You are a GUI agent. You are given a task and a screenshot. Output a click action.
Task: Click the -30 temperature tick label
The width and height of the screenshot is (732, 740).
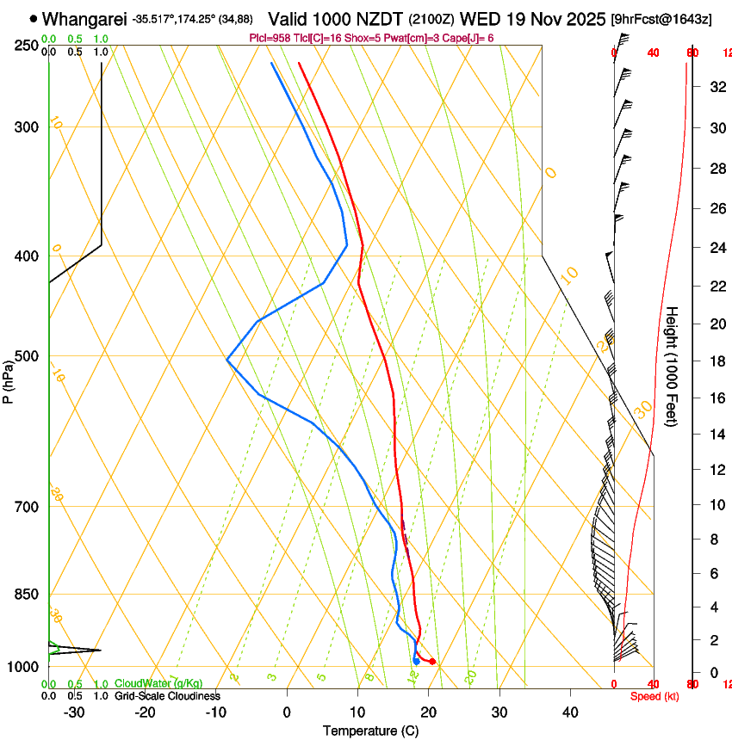(74, 712)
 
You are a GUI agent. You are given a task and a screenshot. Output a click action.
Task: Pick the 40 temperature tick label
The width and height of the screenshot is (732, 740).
(570, 712)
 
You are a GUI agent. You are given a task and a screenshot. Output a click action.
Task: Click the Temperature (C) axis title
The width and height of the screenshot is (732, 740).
(370, 731)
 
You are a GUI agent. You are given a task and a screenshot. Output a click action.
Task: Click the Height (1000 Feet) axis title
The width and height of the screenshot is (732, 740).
(673, 367)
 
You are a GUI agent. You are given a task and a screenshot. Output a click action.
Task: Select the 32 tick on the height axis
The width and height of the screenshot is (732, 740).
(717, 87)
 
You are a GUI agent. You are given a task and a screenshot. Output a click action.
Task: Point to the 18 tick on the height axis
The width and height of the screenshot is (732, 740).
(717, 361)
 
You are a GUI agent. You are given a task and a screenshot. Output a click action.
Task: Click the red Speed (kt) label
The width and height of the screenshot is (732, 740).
(654, 696)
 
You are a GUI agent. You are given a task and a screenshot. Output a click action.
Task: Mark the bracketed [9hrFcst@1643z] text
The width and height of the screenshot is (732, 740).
(661, 18)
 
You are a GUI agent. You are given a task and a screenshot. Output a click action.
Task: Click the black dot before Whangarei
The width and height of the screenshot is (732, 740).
(34, 18)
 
